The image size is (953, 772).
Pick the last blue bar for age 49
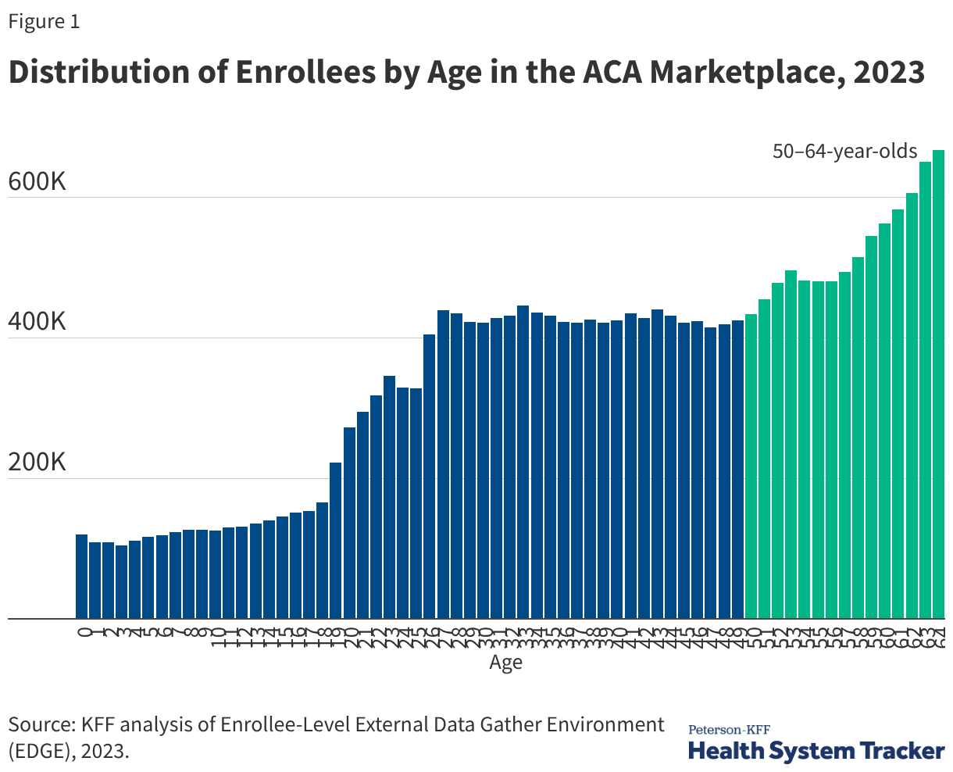[x=737, y=470]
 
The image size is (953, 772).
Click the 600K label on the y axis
[x=37, y=182]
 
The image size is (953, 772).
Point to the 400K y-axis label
[x=37, y=323]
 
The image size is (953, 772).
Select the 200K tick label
[x=37, y=463]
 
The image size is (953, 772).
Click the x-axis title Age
[x=505, y=663]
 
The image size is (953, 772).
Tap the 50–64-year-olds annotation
[x=844, y=151]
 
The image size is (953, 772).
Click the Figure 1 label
[x=44, y=22]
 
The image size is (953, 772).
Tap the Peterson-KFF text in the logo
[x=728, y=730]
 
